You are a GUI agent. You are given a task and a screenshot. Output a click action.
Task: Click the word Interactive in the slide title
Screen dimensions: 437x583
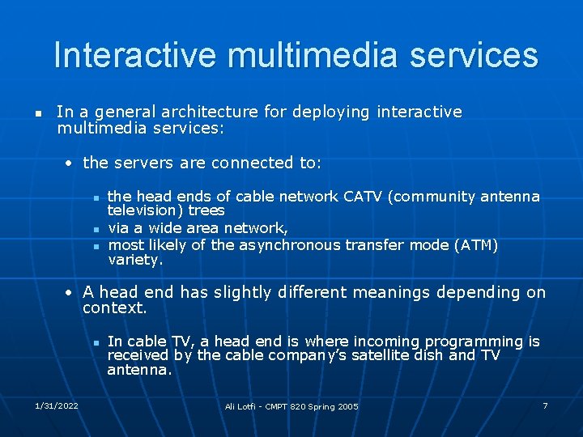pyautogui.click(x=135, y=55)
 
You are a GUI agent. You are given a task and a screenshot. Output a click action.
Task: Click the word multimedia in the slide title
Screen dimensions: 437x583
pyautogui.click(x=313, y=55)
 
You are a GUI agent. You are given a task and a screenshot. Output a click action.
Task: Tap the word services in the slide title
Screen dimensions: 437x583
pyautogui.click(x=474, y=55)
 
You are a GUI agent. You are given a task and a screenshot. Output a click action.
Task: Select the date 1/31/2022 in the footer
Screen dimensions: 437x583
pyautogui.click(x=56, y=405)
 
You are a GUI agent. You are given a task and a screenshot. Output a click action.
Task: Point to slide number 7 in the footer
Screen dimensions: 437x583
pyautogui.click(x=545, y=405)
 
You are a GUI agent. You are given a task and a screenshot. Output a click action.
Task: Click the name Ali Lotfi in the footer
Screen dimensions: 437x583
pyautogui.click(x=241, y=406)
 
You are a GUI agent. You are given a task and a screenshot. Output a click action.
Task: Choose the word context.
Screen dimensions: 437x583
pyautogui.click(x=114, y=308)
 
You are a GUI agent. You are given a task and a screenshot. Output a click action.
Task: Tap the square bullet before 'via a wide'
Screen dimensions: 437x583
pyautogui.click(x=95, y=229)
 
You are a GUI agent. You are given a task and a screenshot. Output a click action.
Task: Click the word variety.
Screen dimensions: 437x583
pyautogui.click(x=135, y=260)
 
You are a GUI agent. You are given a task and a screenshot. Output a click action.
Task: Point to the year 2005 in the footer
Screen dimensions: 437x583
pyautogui.click(x=347, y=406)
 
